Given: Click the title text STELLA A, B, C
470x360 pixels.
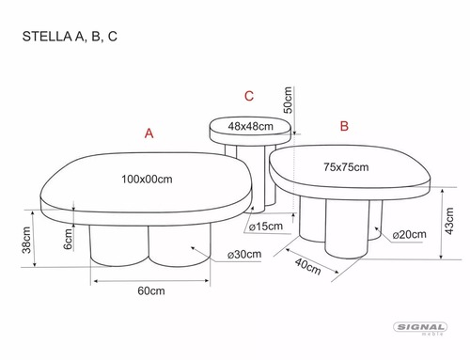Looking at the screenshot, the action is click(x=70, y=37).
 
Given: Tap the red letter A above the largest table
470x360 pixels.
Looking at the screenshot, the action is click(x=149, y=133).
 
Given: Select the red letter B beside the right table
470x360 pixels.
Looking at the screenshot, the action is click(x=344, y=126).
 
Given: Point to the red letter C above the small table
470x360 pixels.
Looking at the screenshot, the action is click(x=249, y=96).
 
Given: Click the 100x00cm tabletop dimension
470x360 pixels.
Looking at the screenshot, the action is click(x=147, y=180).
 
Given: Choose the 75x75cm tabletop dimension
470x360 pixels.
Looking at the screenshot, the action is click(x=346, y=167).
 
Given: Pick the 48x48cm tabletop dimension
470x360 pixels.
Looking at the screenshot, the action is click(x=251, y=126).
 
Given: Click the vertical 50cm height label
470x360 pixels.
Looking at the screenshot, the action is click(x=288, y=100).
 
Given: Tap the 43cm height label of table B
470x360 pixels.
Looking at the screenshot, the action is click(x=449, y=221).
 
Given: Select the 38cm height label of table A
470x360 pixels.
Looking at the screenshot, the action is click(x=26, y=240).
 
